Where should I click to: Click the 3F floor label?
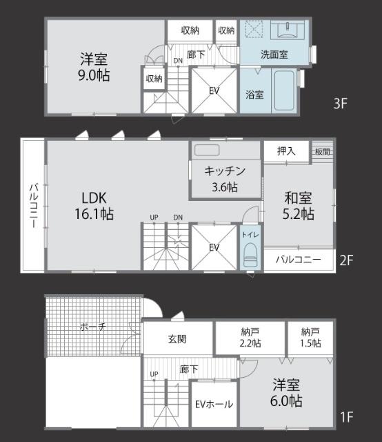point(340,104)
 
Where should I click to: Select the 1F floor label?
point(346,416)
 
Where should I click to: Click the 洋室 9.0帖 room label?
point(94,66)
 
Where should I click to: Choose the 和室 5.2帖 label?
point(298,205)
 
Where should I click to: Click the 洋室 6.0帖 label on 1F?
point(286,392)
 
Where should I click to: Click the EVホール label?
point(213,405)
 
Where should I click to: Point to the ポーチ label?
point(92,327)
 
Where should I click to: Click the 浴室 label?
point(254,95)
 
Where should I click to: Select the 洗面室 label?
point(274,54)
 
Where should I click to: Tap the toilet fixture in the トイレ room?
point(250,254)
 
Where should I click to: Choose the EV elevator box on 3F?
point(214,90)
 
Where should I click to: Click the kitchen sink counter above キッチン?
point(206,150)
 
